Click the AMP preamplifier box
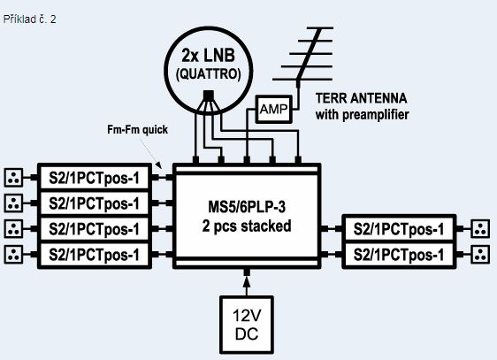(x=274, y=110)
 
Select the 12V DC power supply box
(x=247, y=325)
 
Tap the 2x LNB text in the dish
(x=208, y=55)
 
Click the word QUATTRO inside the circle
(x=208, y=74)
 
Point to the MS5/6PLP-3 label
(x=247, y=207)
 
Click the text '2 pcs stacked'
(x=247, y=226)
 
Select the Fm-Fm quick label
(x=138, y=129)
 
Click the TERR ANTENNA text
(x=361, y=98)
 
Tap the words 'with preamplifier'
(x=362, y=114)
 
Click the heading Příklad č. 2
(x=30, y=19)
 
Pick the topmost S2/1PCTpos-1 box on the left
(x=95, y=178)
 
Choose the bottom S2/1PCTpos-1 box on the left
(x=95, y=255)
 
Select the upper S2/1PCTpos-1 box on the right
(x=399, y=229)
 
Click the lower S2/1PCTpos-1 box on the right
(x=399, y=255)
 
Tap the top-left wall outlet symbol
(x=13, y=178)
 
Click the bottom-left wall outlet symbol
(x=13, y=254)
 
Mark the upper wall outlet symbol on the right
(x=480, y=229)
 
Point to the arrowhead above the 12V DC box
(x=247, y=281)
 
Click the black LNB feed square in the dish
(x=208, y=95)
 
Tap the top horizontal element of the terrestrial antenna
(x=320, y=28)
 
